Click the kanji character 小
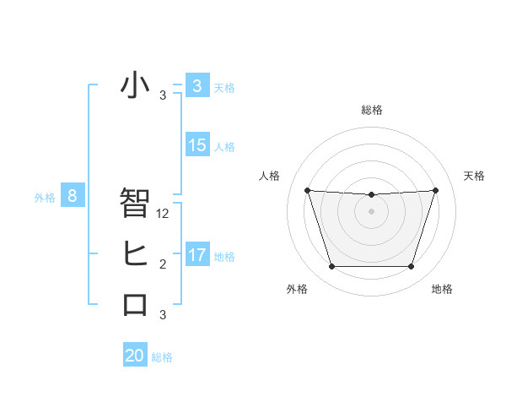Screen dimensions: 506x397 tap(135, 85)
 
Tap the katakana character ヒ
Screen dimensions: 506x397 tap(135, 253)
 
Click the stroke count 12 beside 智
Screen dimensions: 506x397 tap(164, 214)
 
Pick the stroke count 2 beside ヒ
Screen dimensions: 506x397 tap(163, 264)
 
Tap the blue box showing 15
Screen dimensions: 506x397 tap(197, 145)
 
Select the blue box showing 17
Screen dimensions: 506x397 tap(197, 254)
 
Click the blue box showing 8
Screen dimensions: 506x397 tap(73, 197)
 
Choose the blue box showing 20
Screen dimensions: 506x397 tap(135, 356)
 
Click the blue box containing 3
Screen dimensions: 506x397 tap(197, 85)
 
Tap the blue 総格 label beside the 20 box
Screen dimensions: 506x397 tap(162, 357)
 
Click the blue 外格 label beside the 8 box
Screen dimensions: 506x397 tap(45, 198)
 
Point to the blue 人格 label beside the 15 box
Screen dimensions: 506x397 tap(224, 147)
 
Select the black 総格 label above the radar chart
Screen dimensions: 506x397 tap(371, 110)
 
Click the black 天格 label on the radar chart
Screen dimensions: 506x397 tap(474, 176)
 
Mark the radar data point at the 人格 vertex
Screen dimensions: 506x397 tap(307, 190)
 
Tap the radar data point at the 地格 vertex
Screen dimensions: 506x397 tap(411, 266)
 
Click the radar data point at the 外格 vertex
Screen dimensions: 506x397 tap(331, 266)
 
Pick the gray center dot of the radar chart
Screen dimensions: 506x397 tap(371, 211)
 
